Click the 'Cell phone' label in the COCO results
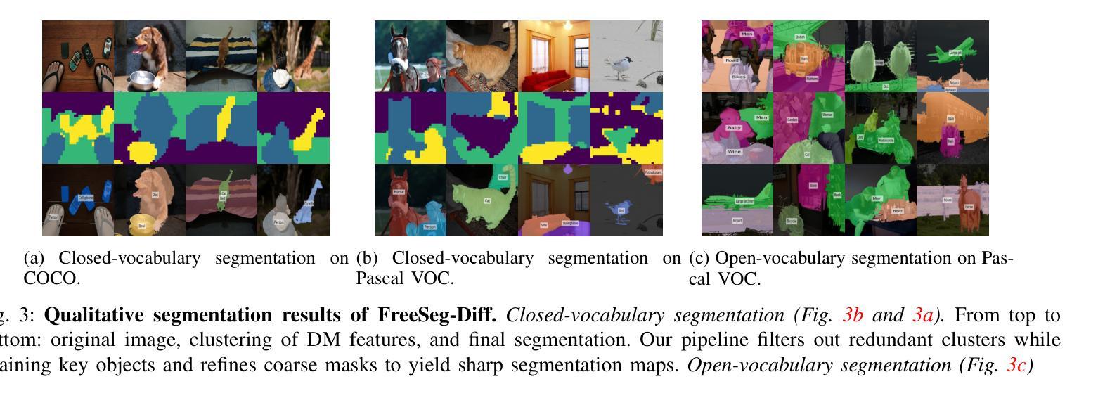pos(86,198)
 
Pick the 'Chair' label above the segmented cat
pos(503,177)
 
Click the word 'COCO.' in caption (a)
pos(52,278)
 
